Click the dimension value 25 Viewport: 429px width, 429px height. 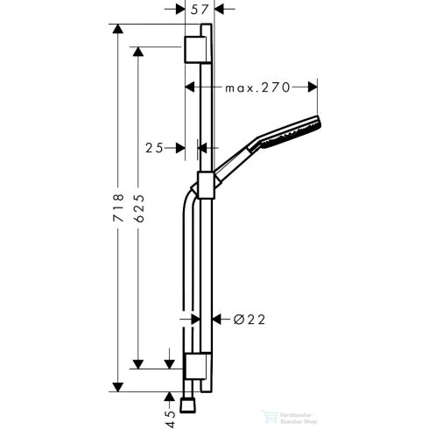[155, 149]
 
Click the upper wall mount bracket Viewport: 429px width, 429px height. [197, 51]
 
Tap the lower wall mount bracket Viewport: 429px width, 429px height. [197, 365]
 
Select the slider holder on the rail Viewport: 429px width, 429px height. [207, 185]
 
